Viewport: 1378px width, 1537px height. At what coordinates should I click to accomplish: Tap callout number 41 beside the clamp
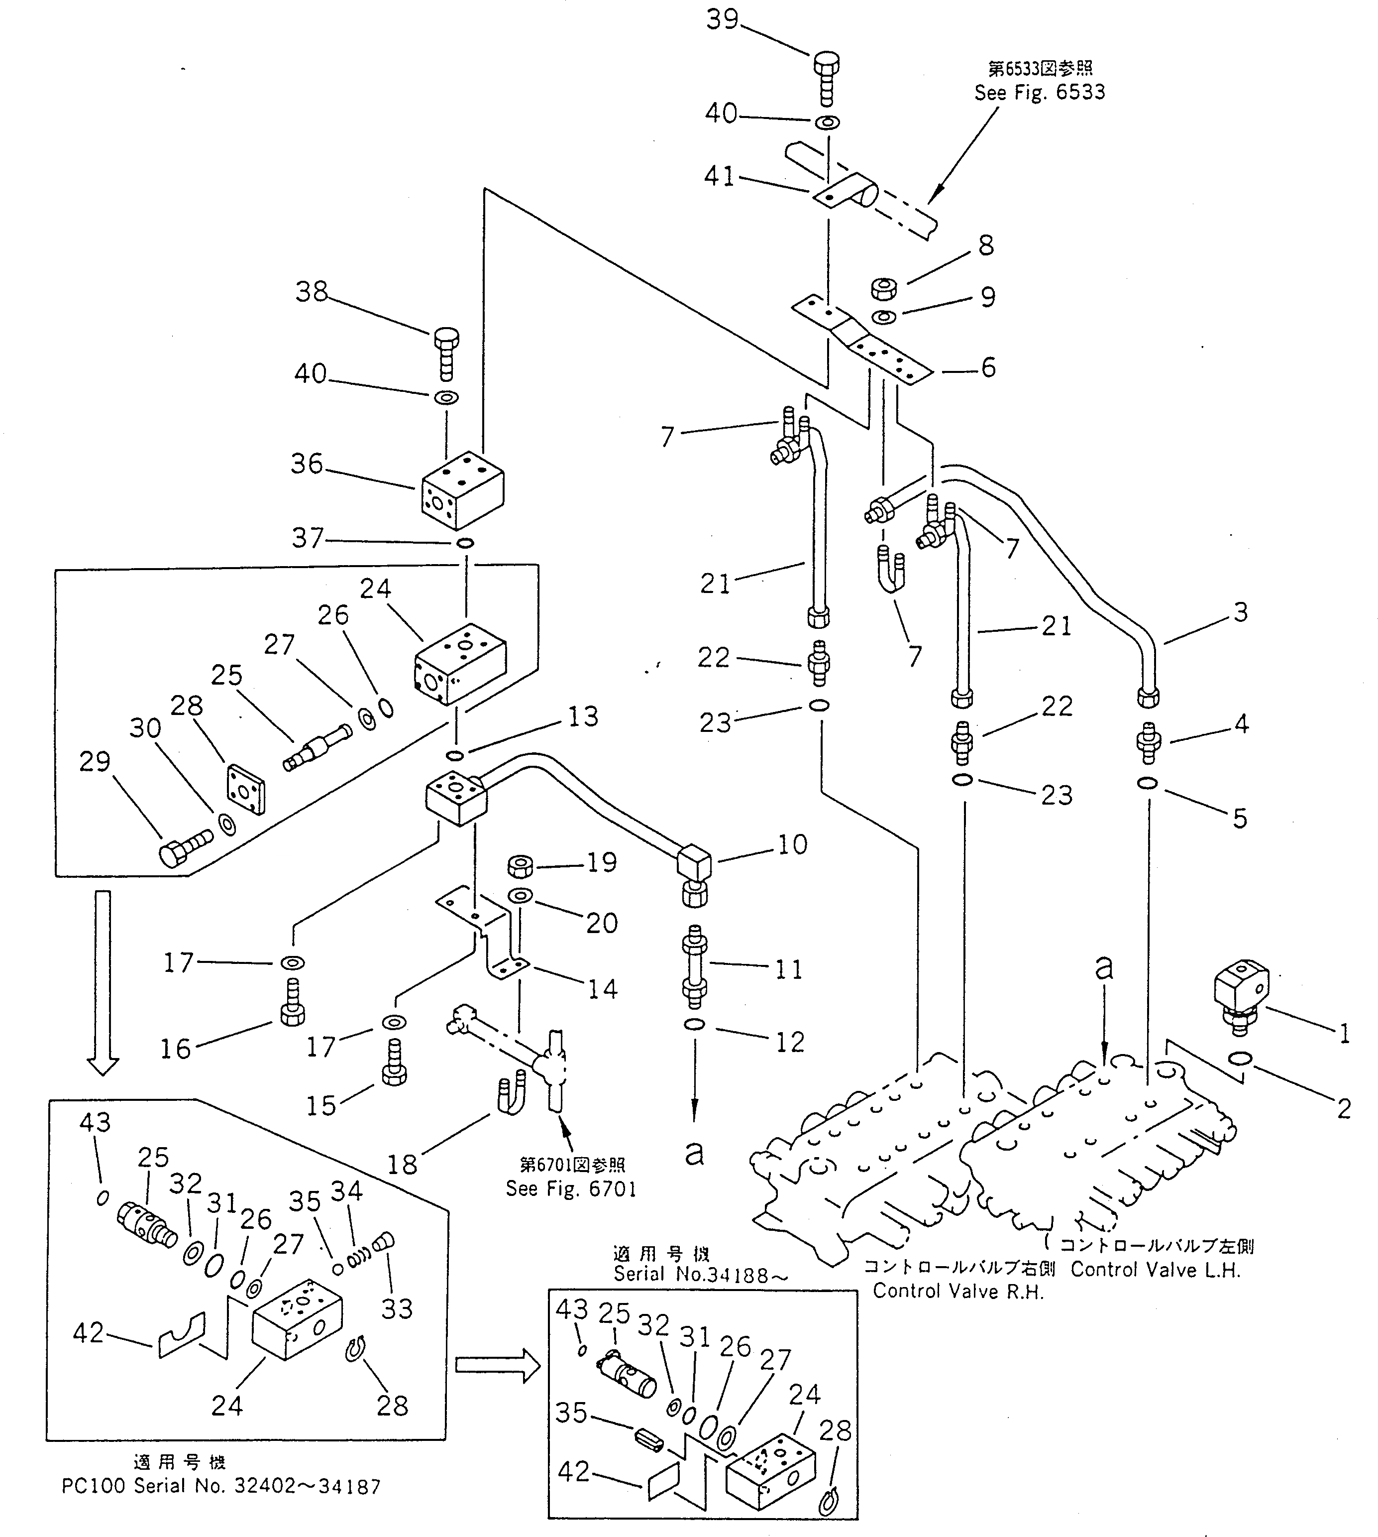tap(719, 176)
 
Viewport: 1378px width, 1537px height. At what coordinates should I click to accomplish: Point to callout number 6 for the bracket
tap(988, 367)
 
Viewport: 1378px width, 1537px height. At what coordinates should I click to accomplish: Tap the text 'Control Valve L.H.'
tap(1156, 1270)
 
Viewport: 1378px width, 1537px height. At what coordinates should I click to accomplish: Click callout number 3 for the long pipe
tap(1240, 612)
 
